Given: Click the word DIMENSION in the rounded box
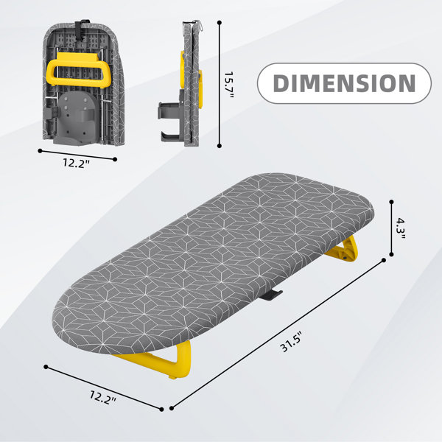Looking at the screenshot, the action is point(344,83).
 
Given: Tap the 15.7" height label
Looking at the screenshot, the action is point(229,85).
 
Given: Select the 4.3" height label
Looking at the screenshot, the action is point(400,228).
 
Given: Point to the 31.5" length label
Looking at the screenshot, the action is point(292,341).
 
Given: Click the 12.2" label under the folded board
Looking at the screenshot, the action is point(76,163).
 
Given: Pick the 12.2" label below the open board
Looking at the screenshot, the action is point(103,397).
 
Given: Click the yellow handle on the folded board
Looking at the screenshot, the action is point(74,69).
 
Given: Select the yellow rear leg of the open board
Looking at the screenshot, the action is point(343,250).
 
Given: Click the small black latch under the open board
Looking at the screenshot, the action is point(270,295).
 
